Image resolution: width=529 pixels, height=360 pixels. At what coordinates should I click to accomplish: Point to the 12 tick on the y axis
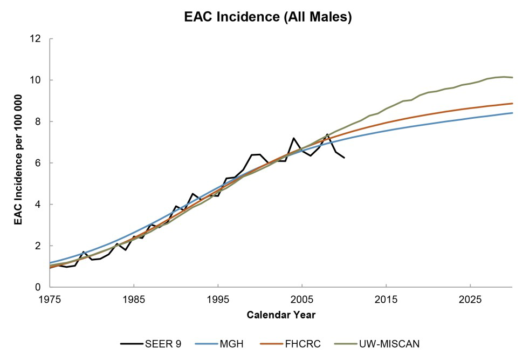37,39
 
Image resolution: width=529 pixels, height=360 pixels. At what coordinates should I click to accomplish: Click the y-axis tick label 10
37,80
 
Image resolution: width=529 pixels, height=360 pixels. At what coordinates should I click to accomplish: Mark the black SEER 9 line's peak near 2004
293,138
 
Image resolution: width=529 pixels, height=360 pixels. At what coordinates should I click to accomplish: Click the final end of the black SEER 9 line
344,158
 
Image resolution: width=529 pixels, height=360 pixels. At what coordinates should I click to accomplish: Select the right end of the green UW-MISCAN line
512,78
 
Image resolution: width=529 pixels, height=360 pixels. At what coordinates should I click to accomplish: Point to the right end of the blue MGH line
512,113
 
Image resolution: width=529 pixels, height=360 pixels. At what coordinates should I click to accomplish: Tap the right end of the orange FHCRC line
512,103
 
